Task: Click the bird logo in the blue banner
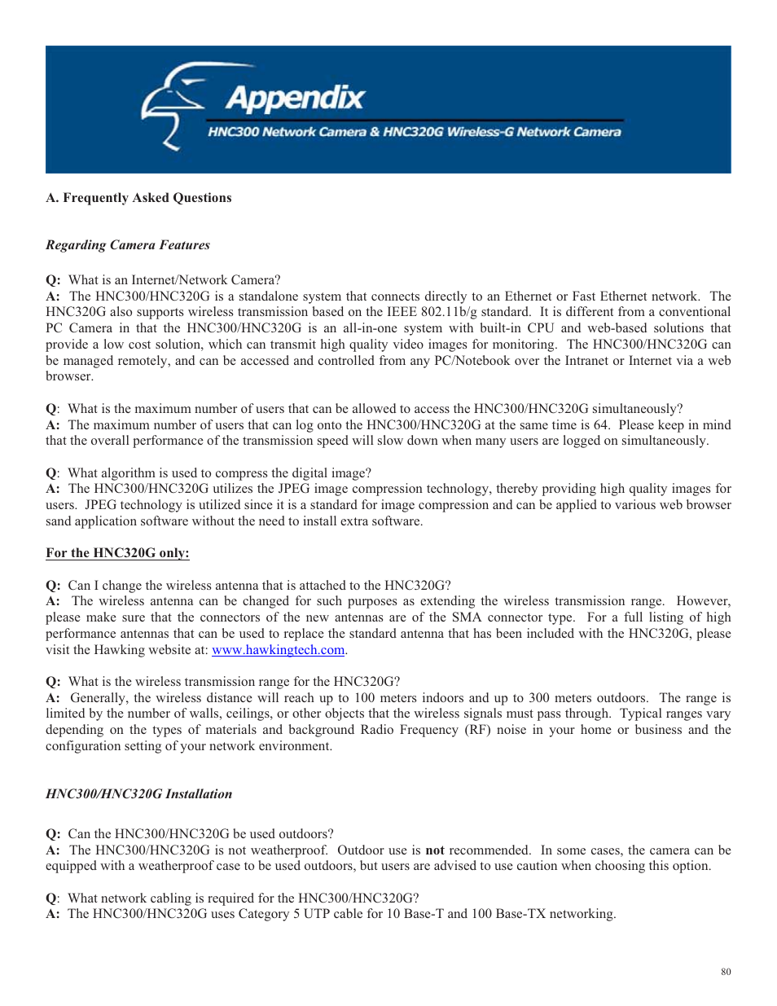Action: tap(172, 104)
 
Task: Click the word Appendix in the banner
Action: tap(295, 99)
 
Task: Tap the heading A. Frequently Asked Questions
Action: tap(138, 198)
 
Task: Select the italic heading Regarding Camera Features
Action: tap(128, 245)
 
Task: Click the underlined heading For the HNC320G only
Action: tap(117, 553)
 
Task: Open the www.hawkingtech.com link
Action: tap(278, 650)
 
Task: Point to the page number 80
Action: tap(726, 972)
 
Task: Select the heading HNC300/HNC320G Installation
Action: tap(138, 794)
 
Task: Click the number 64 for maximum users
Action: tap(601, 425)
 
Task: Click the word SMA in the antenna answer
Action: tap(467, 617)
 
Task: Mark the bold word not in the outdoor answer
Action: tap(435, 850)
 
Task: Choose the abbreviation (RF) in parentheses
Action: tap(477, 730)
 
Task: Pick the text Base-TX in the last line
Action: tap(520, 914)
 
